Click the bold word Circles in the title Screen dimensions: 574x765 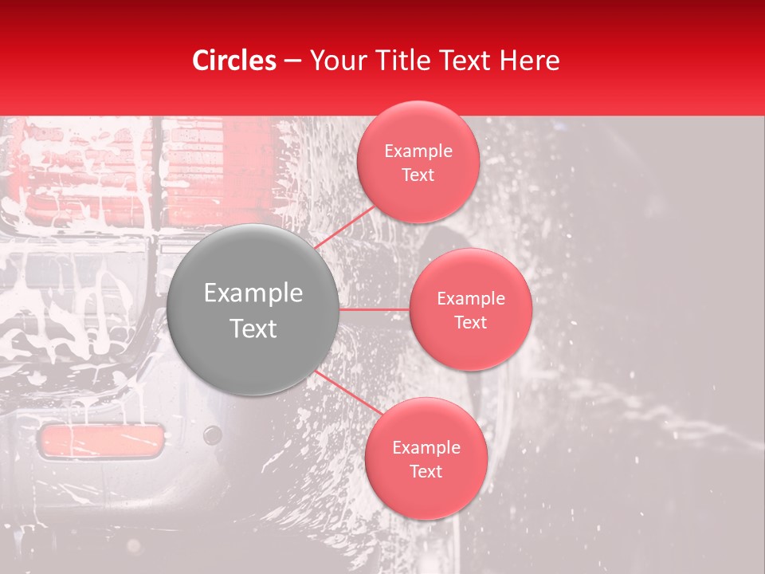(x=233, y=61)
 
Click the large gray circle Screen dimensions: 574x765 (x=253, y=310)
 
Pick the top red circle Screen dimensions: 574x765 (x=418, y=162)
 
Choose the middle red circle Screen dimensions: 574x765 (x=470, y=309)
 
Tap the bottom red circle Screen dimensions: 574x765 (x=426, y=458)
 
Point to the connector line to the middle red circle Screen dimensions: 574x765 (x=375, y=309)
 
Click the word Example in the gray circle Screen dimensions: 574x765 (x=253, y=293)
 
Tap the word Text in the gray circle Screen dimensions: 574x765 (x=253, y=328)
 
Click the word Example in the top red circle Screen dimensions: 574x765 (x=418, y=151)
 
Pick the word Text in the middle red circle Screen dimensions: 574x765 (x=470, y=322)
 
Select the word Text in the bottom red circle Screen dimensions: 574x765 (x=426, y=471)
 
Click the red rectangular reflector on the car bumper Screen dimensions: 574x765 (x=101, y=441)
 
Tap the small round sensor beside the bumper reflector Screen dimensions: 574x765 (x=212, y=435)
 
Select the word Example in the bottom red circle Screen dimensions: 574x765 (x=426, y=447)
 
